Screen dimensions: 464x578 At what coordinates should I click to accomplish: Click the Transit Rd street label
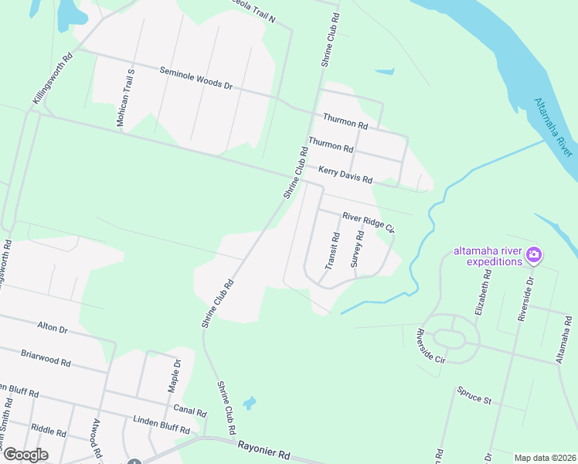331,251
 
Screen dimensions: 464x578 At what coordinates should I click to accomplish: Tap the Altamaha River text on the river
555,128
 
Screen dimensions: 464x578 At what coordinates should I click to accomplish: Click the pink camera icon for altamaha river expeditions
533,254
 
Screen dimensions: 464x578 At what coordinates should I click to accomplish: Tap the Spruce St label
474,395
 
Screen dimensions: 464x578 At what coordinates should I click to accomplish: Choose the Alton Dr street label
52,327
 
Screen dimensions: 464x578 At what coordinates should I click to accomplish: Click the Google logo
25,455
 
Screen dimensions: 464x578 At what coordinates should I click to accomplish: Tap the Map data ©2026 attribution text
544,458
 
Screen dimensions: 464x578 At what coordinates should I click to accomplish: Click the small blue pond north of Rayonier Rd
249,403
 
